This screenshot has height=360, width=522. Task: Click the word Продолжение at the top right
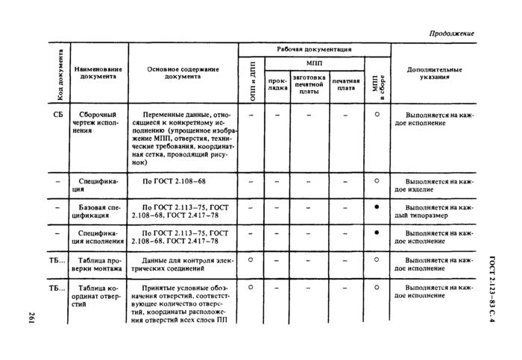[452, 34]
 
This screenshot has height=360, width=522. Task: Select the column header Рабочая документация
[314, 49]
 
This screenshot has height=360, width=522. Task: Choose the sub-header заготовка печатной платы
[309, 86]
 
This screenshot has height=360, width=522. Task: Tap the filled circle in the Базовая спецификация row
[377, 206]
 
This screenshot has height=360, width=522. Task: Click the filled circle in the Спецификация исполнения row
[377, 233]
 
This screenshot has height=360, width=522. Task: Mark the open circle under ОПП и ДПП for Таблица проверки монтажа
[251, 260]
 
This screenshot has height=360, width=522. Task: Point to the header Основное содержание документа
[183, 73]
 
